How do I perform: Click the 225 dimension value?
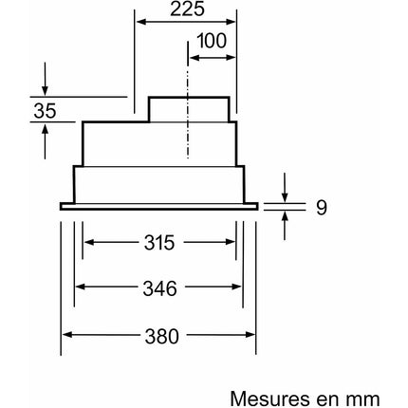click(187, 9)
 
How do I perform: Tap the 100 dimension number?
click(212, 41)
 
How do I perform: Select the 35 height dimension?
click(45, 111)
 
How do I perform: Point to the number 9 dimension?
click(321, 208)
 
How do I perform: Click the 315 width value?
click(159, 243)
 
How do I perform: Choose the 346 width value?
click(159, 288)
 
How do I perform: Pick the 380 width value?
click(162, 336)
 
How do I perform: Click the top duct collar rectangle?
click(189, 109)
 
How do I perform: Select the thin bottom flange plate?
click(158, 207)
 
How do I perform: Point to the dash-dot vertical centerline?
click(188, 100)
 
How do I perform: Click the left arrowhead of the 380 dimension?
click(67, 335)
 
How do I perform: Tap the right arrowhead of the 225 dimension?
click(231, 22)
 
